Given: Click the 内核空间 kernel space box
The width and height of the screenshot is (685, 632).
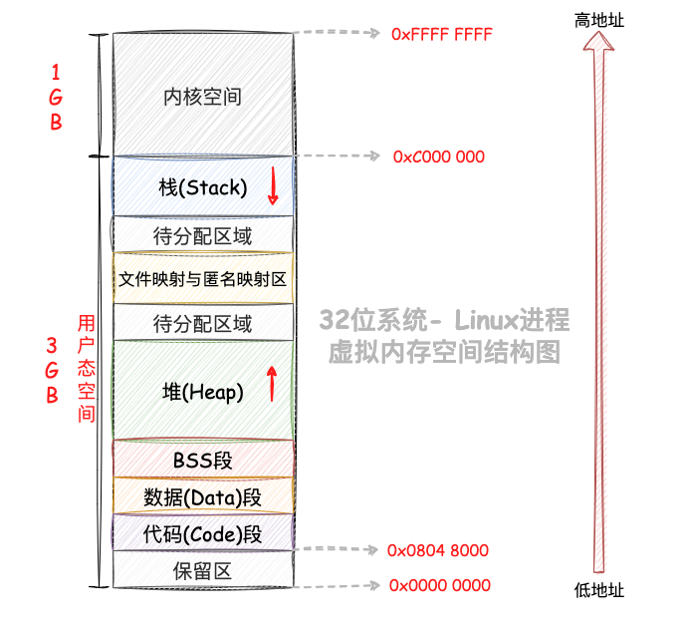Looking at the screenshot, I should (x=203, y=96).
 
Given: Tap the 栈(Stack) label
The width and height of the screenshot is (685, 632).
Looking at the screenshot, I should (x=202, y=187).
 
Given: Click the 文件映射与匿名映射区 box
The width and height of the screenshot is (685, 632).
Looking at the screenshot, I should (x=203, y=279).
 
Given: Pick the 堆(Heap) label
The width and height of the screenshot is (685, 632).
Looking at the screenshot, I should (x=202, y=392).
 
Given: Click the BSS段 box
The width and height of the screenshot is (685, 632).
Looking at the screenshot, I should (x=203, y=460).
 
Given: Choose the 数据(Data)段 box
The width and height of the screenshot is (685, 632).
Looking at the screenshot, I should (x=203, y=496).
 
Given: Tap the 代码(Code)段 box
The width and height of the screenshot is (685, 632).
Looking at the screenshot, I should (x=203, y=533).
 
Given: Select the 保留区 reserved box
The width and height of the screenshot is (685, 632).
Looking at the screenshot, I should (x=203, y=571).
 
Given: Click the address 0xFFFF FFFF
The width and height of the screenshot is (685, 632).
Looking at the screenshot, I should (x=442, y=34).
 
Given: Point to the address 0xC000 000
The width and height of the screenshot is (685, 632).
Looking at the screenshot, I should (x=439, y=157).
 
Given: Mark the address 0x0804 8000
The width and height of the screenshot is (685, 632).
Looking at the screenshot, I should (x=438, y=550).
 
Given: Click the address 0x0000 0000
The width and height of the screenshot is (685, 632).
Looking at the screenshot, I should (x=438, y=585).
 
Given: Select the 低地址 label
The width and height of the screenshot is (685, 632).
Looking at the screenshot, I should (x=599, y=590).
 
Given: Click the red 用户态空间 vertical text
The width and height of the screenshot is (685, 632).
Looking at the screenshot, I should (x=87, y=368).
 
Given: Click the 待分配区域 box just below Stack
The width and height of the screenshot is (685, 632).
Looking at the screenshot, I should (x=203, y=236).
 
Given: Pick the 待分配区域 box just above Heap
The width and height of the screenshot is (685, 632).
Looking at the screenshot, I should (x=203, y=324).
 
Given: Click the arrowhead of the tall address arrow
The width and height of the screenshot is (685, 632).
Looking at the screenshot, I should (x=599, y=44).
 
